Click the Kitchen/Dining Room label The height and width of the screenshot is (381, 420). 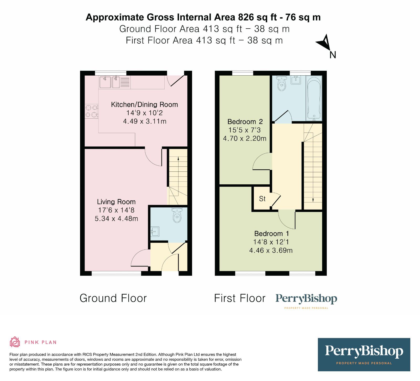click(x=144, y=105)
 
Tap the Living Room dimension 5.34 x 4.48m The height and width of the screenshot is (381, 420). click(x=116, y=218)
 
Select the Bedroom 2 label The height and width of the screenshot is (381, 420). click(x=245, y=122)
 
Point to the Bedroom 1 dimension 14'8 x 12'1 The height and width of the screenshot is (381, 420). click(x=271, y=242)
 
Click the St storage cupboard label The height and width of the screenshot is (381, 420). click(x=262, y=199)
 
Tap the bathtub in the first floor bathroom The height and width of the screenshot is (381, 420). click(x=314, y=98)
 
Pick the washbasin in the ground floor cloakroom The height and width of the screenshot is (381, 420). click(x=155, y=232)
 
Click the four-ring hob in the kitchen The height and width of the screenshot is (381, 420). click(x=91, y=111)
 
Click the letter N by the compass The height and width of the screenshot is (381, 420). click(x=333, y=55)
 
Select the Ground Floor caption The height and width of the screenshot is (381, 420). click(x=113, y=298)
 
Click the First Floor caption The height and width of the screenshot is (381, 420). click(x=240, y=298)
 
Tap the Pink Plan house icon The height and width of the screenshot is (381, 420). click(x=15, y=342)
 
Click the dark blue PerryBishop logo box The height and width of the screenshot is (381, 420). click(x=364, y=354)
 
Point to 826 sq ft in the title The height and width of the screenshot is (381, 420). click(x=258, y=17)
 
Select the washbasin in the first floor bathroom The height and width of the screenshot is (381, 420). click(x=296, y=80)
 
